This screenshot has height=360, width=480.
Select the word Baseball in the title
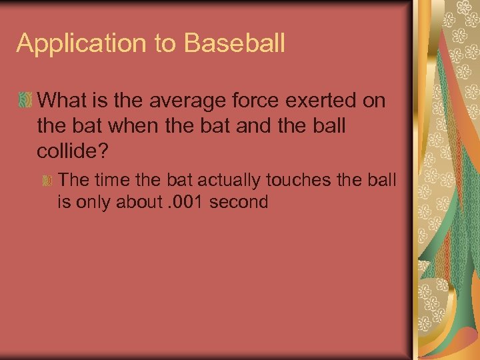235,43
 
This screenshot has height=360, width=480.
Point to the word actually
227,180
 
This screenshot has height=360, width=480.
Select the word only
95,202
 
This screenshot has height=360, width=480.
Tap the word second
239,202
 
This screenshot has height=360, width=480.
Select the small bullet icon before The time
48,181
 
